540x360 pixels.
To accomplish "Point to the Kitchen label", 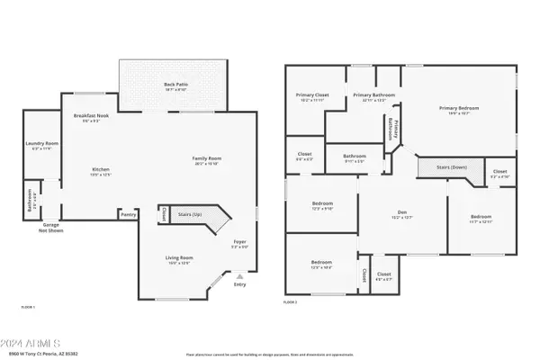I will click(x=100, y=169).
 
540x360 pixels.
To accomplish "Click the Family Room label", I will click(x=206, y=159).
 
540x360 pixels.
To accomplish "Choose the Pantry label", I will click(x=130, y=214).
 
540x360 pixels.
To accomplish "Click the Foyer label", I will click(x=239, y=241).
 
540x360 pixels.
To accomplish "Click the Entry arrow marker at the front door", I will click(x=238, y=275).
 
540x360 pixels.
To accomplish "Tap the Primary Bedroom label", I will click(x=459, y=109).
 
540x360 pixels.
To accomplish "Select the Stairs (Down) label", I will click(x=442, y=167).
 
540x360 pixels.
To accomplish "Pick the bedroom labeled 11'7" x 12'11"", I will click(x=481, y=217).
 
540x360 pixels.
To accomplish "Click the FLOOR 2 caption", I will click(x=290, y=302).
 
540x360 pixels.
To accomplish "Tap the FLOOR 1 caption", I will click(x=28, y=307).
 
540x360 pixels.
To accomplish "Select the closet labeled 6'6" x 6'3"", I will click(x=304, y=156).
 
